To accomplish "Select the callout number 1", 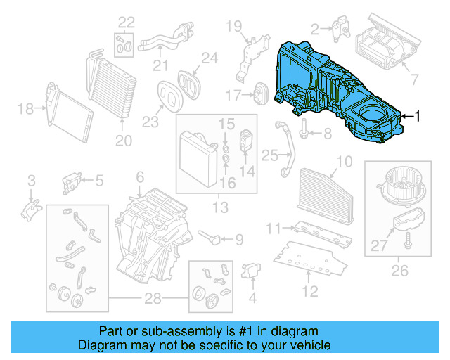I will [x=418, y=116].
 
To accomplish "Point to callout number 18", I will [x=25, y=108].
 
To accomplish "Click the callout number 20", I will [x=124, y=141].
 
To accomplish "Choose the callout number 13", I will [x=220, y=207].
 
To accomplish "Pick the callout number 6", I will [x=140, y=176].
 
